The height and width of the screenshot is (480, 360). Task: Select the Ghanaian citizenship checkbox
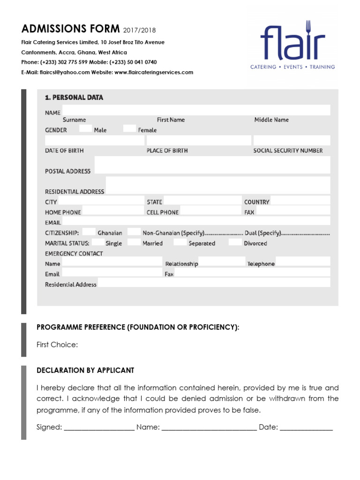89,232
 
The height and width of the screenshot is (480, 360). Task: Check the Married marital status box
134,242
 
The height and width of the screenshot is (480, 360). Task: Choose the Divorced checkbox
235,242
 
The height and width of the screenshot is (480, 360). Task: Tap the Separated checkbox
180,242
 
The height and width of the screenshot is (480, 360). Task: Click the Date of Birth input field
95,140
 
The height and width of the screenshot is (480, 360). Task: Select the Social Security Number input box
292,140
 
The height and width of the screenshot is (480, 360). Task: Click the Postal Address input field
212,165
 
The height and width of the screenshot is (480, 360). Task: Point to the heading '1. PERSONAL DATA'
74,97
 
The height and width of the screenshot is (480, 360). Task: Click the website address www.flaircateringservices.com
154,72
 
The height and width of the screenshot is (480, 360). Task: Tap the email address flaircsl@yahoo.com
65,72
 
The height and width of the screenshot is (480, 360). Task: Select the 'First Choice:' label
57,345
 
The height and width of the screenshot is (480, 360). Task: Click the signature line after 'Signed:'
99,427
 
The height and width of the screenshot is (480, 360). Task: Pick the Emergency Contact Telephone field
303,262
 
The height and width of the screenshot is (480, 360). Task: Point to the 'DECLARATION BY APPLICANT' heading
85,370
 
